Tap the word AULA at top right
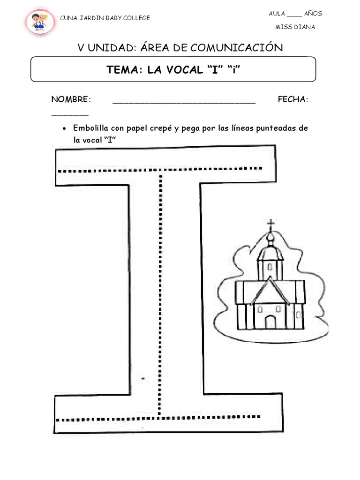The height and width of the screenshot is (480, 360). coord(277,13)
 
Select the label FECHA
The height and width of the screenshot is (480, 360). coord(292,100)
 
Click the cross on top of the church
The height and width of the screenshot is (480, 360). coord(270,225)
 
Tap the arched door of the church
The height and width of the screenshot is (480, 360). coord(270,322)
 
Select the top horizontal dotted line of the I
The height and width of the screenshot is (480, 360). coord(159,170)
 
